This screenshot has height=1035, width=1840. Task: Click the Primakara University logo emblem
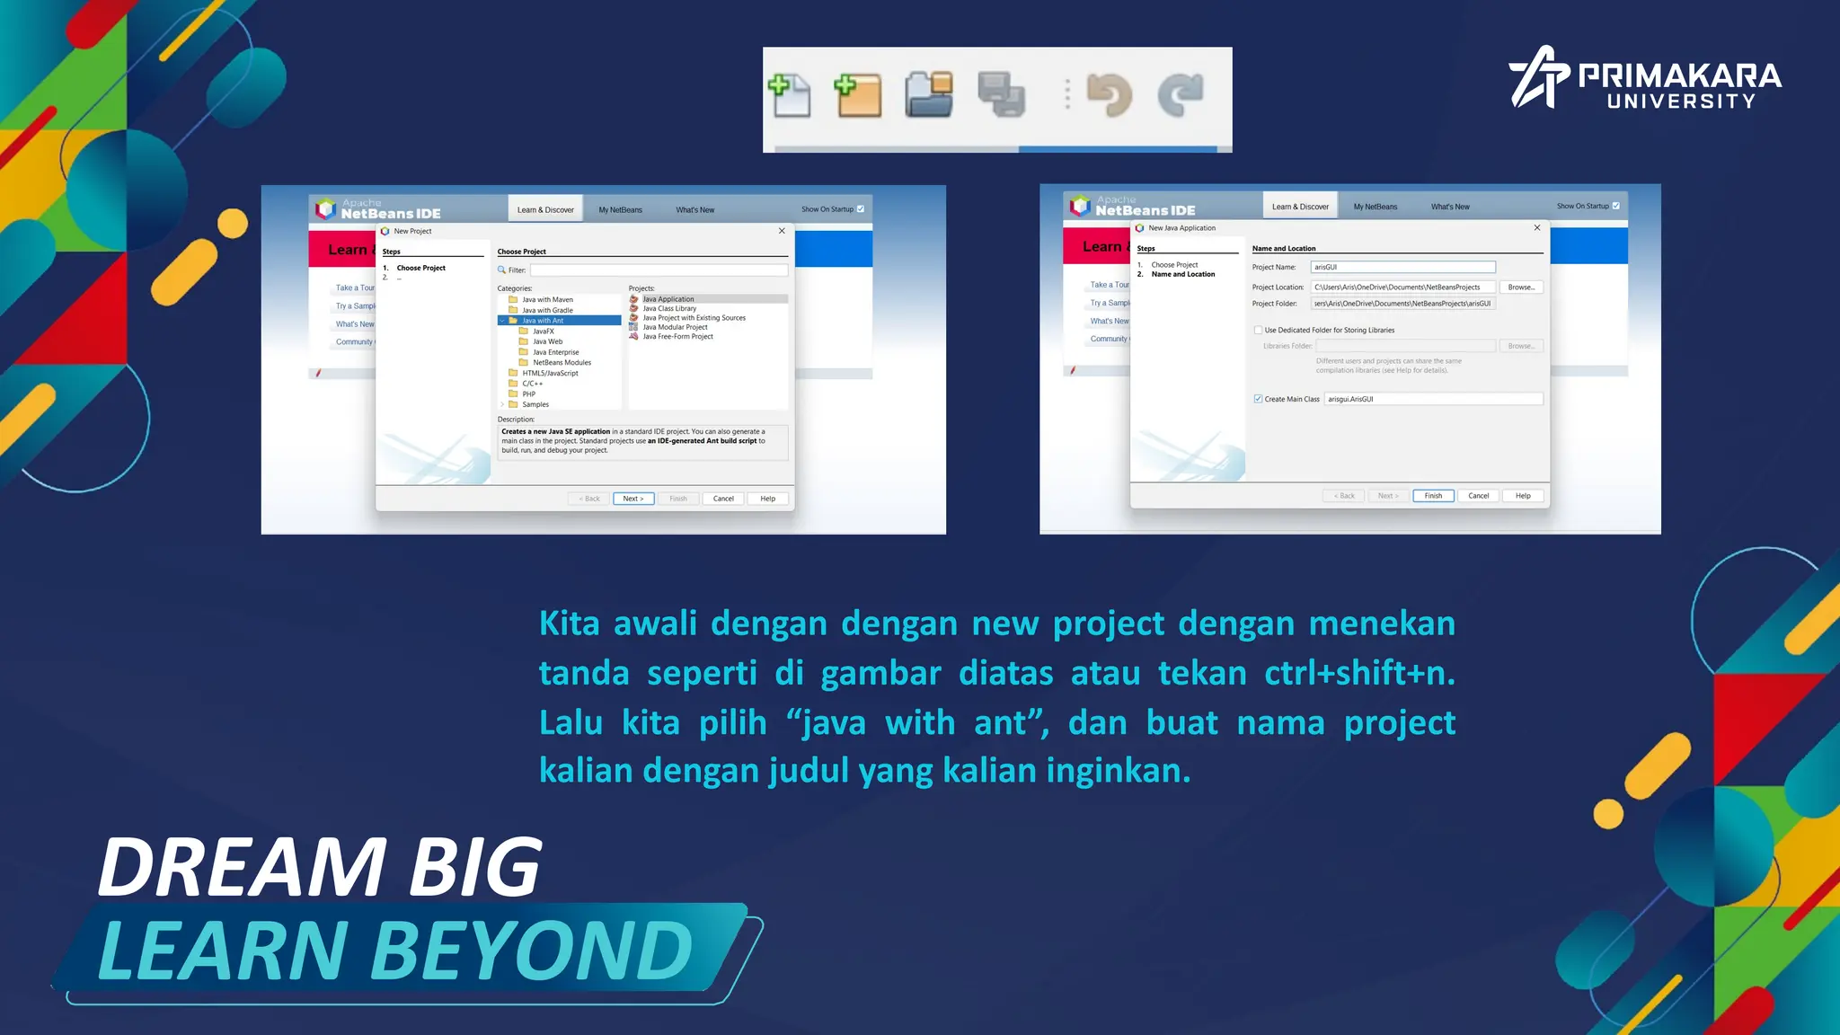click(1538, 77)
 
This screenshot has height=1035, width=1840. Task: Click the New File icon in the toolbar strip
click(790, 96)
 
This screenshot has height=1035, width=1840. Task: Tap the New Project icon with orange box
click(858, 96)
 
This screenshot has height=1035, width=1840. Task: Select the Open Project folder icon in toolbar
click(929, 94)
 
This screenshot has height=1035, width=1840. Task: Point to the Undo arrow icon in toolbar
click(1110, 95)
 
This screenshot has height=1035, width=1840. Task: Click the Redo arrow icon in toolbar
click(1181, 95)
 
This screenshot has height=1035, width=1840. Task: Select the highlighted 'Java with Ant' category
click(543, 321)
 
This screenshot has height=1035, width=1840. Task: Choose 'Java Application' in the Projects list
click(668, 299)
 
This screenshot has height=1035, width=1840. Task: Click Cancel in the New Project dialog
click(723, 499)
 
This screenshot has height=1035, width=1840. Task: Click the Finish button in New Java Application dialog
click(1433, 496)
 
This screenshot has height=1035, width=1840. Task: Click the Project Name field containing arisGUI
click(1402, 267)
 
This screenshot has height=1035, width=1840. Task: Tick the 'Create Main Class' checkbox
click(1258, 399)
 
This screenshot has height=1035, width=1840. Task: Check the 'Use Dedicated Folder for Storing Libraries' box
click(1258, 330)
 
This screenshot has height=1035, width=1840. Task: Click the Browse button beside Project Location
click(1521, 287)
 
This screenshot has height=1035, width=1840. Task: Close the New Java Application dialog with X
click(1537, 228)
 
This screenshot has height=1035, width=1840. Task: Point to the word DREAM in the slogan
click(243, 867)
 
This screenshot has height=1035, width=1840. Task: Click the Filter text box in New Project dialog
click(659, 270)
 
